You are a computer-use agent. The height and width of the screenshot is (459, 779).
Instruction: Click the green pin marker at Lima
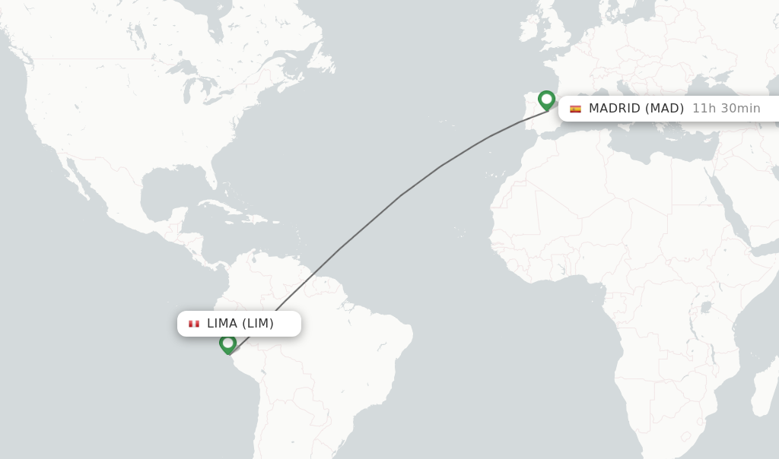227,343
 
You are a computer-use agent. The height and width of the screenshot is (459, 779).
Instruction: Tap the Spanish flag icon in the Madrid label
575,109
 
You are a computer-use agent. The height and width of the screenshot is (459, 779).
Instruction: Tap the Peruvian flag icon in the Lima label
194,324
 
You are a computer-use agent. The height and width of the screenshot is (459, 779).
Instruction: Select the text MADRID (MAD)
636,108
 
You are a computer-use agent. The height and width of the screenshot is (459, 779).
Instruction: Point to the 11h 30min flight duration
726,108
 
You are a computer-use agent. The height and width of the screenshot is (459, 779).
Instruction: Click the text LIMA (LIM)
240,323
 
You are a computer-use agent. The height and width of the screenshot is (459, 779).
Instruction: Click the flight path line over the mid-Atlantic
401,195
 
